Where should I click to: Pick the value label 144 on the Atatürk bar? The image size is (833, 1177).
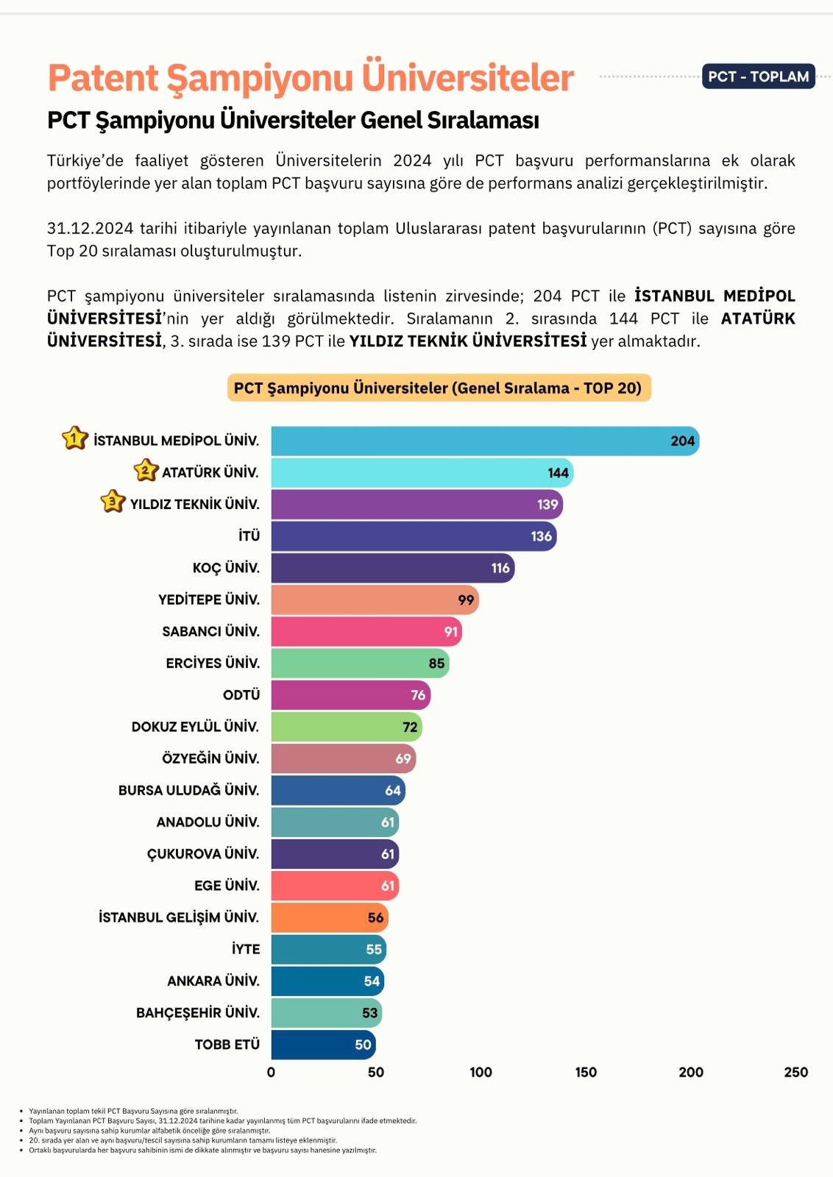click(x=558, y=473)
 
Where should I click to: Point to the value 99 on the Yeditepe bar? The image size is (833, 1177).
click(x=466, y=600)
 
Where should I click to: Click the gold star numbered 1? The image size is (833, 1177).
click(x=74, y=438)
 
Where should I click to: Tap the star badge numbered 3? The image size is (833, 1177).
click(x=112, y=502)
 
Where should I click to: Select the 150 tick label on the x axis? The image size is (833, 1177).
click(x=586, y=1073)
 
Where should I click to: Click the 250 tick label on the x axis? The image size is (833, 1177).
click(x=795, y=1073)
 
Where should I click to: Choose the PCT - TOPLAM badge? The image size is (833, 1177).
click(x=758, y=77)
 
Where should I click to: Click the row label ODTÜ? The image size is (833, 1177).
click(x=241, y=695)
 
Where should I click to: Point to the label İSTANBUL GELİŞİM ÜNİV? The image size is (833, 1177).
click(x=179, y=917)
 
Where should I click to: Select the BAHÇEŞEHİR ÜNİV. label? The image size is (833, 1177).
click(x=197, y=1013)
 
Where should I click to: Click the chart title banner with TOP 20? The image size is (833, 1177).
click(x=438, y=388)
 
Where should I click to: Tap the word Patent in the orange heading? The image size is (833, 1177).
click(x=104, y=78)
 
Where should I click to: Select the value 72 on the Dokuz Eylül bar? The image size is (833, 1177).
click(x=410, y=727)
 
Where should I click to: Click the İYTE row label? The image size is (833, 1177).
click(x=246, y=949)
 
